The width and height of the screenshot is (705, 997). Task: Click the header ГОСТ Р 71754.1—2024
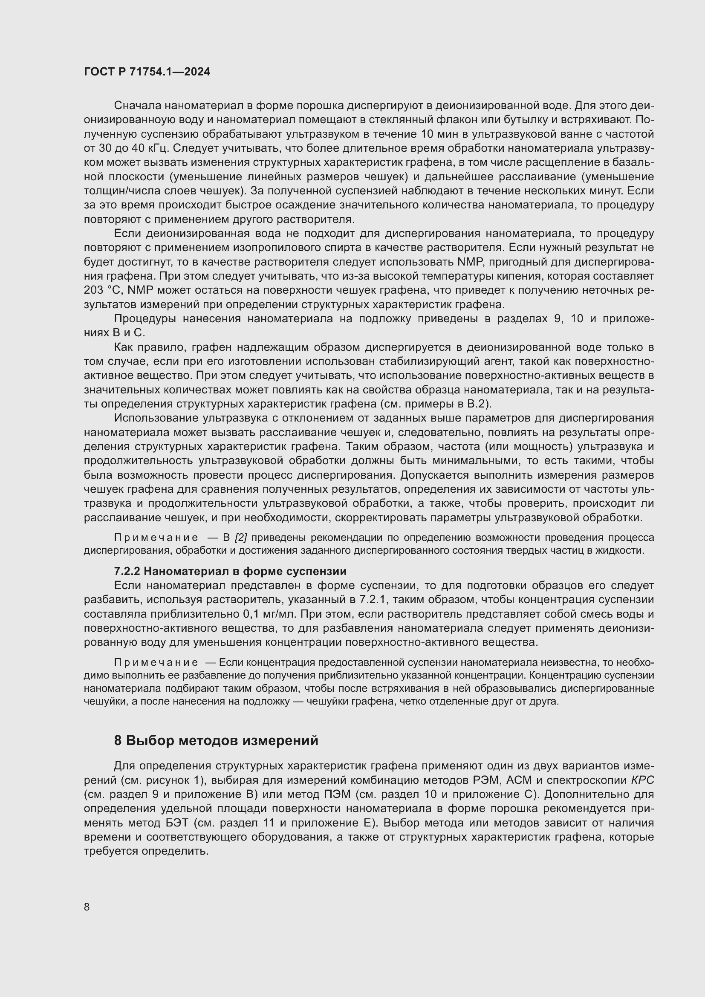[x=147, y=72]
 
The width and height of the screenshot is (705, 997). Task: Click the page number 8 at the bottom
[x=87, y=907]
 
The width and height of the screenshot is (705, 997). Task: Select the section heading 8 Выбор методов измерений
[x=216, y=740]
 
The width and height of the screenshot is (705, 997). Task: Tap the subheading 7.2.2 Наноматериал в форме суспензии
[x=230, y=571]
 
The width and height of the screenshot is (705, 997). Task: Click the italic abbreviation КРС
[x=642, y=780]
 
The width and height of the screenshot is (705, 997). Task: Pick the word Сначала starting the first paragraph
[x=138, y=106]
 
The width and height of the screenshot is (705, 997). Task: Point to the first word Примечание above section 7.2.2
[x=156, y=538]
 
